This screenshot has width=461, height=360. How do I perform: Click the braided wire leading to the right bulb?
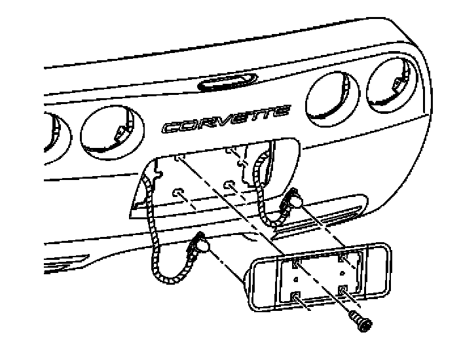(261, 196)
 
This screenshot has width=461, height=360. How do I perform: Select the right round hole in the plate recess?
(230, 185)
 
